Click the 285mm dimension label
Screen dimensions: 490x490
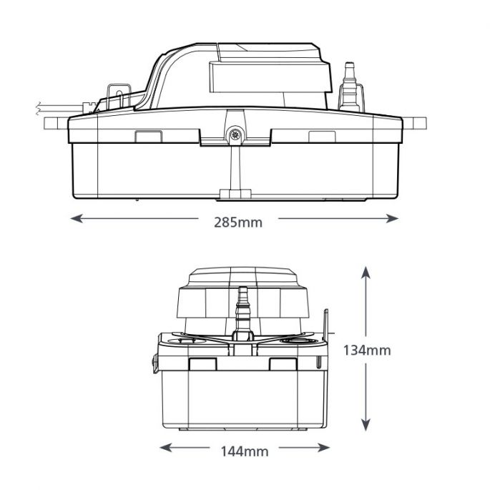[238, 222]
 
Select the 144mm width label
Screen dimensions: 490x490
[245, 451]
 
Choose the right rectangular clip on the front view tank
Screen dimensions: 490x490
[283, 363]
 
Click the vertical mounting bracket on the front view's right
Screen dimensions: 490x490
[327, 329]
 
